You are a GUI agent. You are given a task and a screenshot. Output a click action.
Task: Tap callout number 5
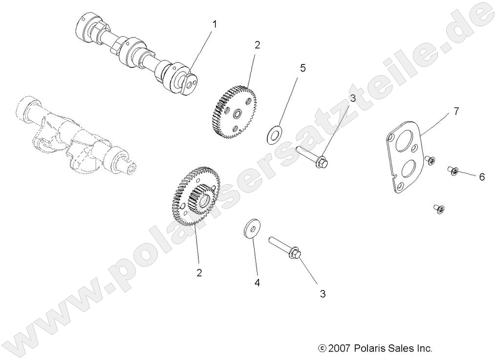pos(302,68)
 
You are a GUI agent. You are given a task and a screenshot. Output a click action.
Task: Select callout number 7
pos(455,111)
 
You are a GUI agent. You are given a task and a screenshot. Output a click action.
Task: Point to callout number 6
pos(481,177)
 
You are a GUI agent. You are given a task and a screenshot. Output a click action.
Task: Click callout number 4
pos(257,283)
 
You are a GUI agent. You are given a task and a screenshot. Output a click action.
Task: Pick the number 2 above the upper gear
pos(257,45)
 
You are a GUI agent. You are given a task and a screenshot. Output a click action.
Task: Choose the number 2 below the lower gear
pos(199,273)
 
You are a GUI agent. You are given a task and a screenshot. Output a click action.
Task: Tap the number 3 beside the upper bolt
pos(352,99)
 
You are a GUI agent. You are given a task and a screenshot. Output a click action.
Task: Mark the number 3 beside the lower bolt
pos(323,294)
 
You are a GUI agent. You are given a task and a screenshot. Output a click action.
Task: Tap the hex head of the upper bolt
pos(321,162)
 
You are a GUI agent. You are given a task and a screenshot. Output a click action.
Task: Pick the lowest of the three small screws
pos(438,209)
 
